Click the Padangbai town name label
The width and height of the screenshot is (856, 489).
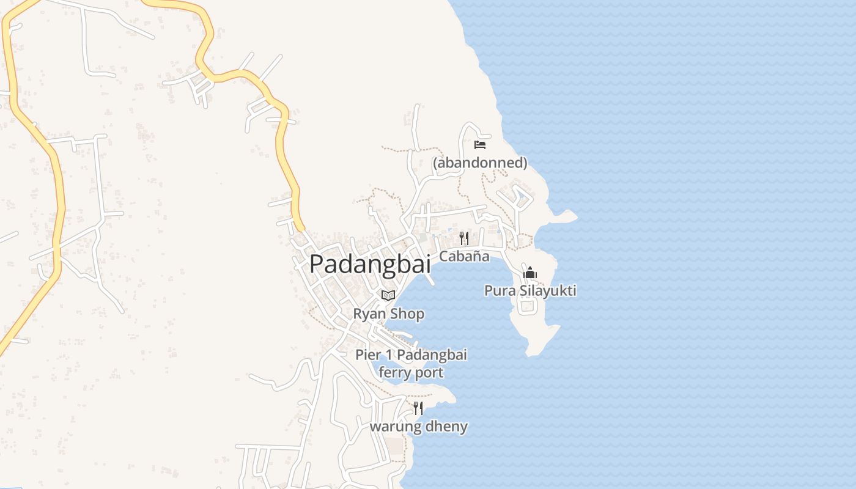click(370, 264)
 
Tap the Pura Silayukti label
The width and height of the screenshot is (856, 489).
click(530, 290)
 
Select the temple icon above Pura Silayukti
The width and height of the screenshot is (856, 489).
click(529, 273)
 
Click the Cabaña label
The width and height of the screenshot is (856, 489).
click(464, 256)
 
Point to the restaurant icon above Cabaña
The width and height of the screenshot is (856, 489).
click(464, 238)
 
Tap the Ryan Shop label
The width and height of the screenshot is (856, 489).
click(388, 314)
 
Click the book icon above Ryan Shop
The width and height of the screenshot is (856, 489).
click(388, 296)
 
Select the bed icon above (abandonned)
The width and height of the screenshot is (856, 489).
click(480, 145)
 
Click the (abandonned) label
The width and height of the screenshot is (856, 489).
click(480, 163)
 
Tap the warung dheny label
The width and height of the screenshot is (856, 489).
click(418, 427)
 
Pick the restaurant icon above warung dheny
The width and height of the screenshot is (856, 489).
click(418, 408)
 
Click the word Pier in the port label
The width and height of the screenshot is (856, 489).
click(368, 355)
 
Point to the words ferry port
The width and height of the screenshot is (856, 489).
click(411, 372)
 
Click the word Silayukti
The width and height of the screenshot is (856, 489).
click(548, 290)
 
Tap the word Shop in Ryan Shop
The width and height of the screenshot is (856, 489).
click(407, 314)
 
